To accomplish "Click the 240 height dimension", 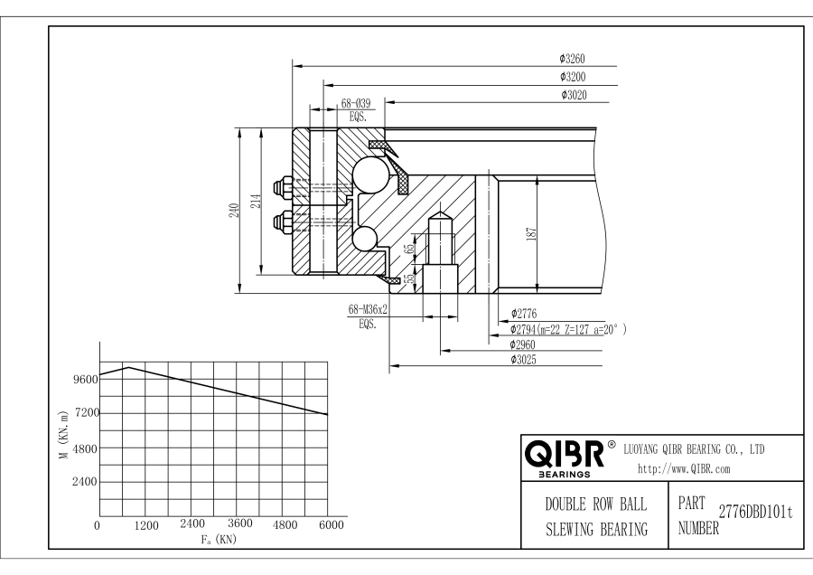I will point(234,210).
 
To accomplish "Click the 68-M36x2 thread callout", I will point(368,310).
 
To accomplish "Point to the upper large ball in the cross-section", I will point(369,173).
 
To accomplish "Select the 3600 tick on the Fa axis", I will point(239,524).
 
